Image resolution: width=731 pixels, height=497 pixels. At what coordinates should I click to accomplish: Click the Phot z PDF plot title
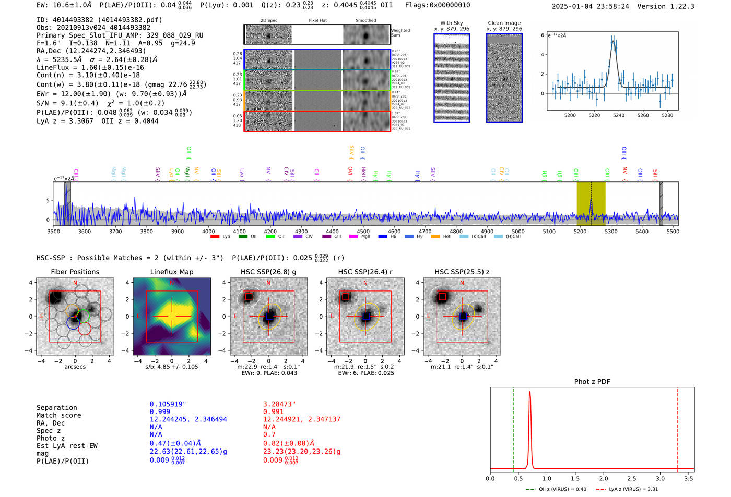click(x=592, y=382)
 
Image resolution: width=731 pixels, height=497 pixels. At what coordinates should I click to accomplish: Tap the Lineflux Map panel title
click(x=171, y=272)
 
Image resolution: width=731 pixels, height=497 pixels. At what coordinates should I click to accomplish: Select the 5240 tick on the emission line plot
click(x=619, y=115)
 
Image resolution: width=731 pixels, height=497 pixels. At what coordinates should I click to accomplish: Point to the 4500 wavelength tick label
click(x=363, y=232)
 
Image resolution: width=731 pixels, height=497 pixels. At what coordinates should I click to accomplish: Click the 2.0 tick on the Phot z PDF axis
click(x=604, y=478)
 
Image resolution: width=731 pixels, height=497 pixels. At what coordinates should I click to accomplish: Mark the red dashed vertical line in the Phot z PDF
click(x=678, y=428)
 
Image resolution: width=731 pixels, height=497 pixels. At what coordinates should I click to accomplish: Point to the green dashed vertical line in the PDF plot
click(x=513, y=428)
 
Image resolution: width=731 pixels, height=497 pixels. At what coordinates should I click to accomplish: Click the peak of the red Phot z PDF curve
click(x=530, y=392)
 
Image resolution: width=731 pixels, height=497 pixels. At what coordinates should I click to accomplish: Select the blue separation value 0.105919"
click(x=168, y=404)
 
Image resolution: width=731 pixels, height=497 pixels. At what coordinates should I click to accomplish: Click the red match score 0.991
click(x=273, y=412)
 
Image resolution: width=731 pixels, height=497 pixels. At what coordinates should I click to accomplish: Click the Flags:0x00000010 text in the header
click(x=437, y=5)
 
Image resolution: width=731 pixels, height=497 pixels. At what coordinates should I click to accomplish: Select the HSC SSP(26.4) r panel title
click(x=365, y=272)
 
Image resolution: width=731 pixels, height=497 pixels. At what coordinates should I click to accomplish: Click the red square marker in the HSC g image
click(x=249, y=297)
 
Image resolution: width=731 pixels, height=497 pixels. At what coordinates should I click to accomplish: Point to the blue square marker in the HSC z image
click(x=463, y=317)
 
